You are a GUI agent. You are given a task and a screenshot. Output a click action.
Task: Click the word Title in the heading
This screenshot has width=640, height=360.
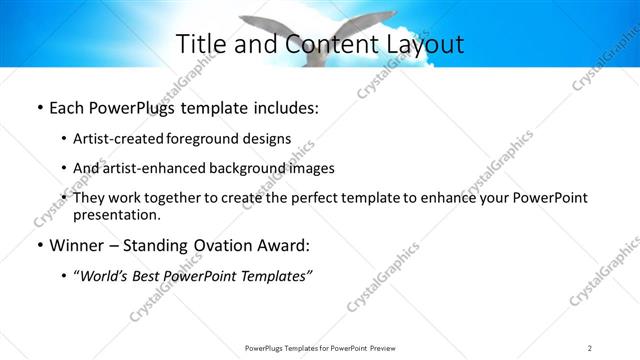click(x=201, y=45)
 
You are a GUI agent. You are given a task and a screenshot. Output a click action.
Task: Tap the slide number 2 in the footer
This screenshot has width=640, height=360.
click(x=589, y=347)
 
